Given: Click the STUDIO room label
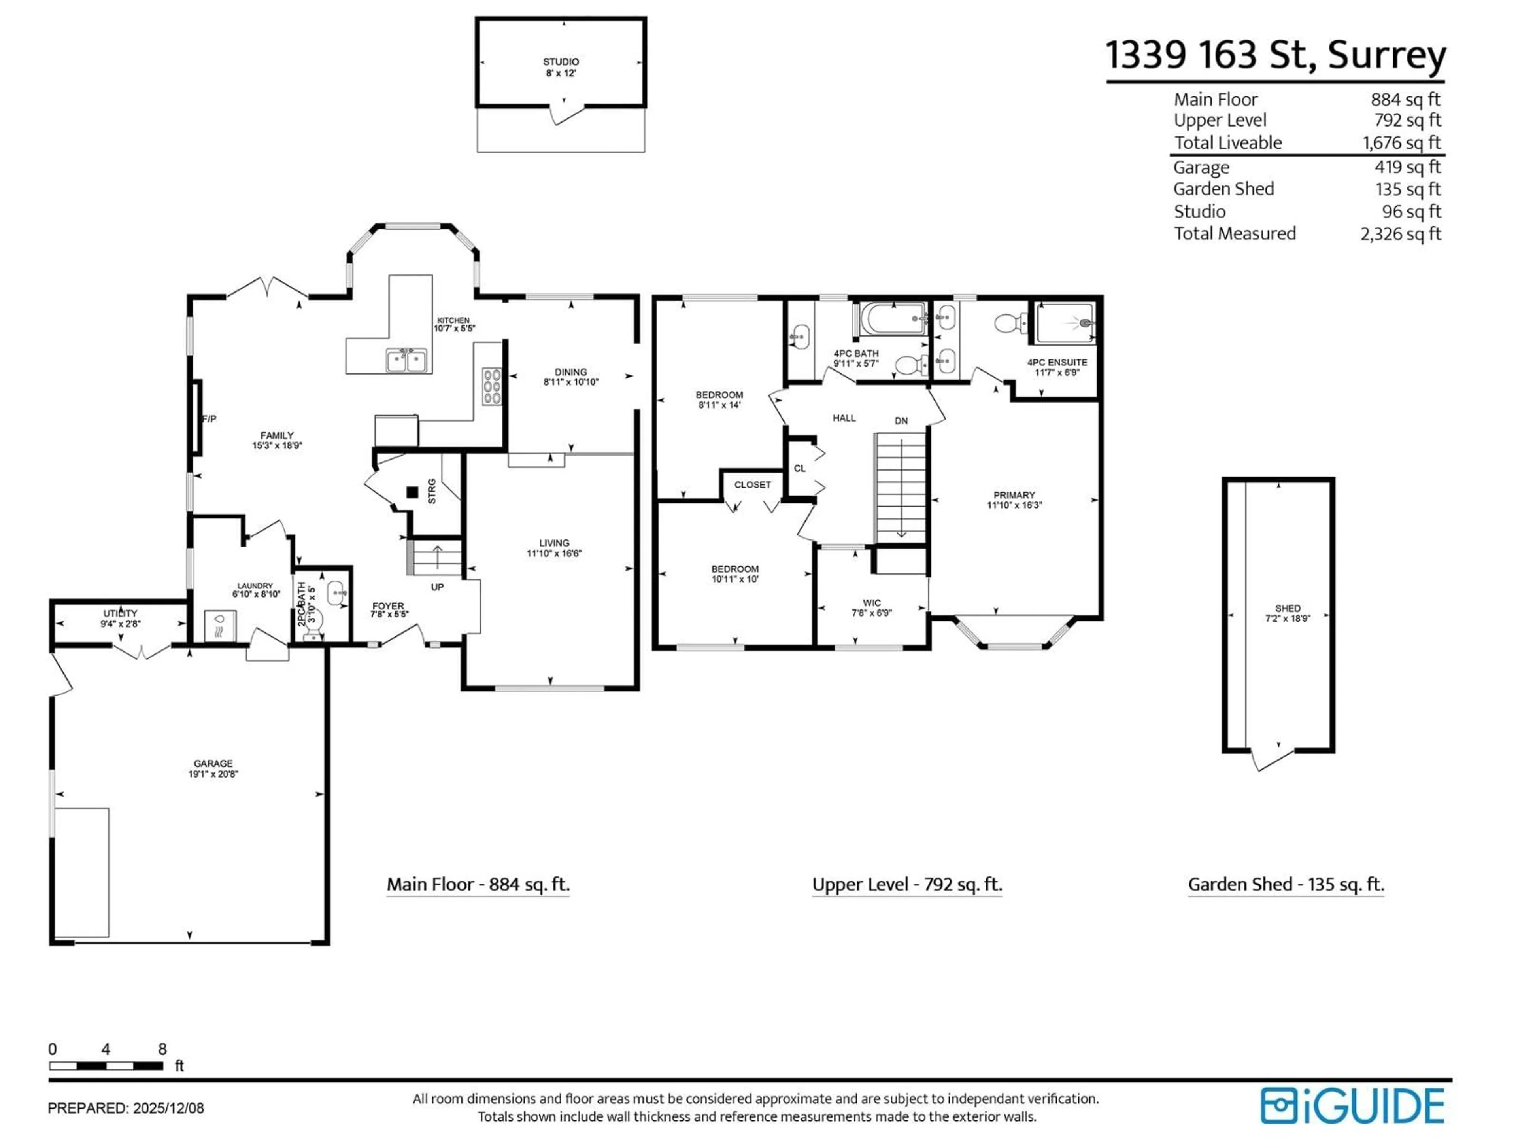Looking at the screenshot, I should (561, 62).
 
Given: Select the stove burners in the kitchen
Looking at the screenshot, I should (491, 386).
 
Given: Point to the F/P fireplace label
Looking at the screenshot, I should (209, 419).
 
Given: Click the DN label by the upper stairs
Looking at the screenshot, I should (901, 421).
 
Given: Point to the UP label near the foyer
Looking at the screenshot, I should (437, 587).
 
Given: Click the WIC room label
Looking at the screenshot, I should (872, 603).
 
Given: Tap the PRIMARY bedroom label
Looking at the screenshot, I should (1014, 495).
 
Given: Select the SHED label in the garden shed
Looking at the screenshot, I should (1288, 608).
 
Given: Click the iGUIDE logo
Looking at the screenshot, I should (1352, 1106).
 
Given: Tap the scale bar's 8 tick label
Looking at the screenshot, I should (162, 1049).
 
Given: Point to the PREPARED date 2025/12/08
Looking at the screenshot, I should (168, 1108).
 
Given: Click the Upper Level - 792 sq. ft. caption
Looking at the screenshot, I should (906, 884).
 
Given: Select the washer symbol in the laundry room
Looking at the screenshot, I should (220, 626).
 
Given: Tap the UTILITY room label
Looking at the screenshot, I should (120, 613).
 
